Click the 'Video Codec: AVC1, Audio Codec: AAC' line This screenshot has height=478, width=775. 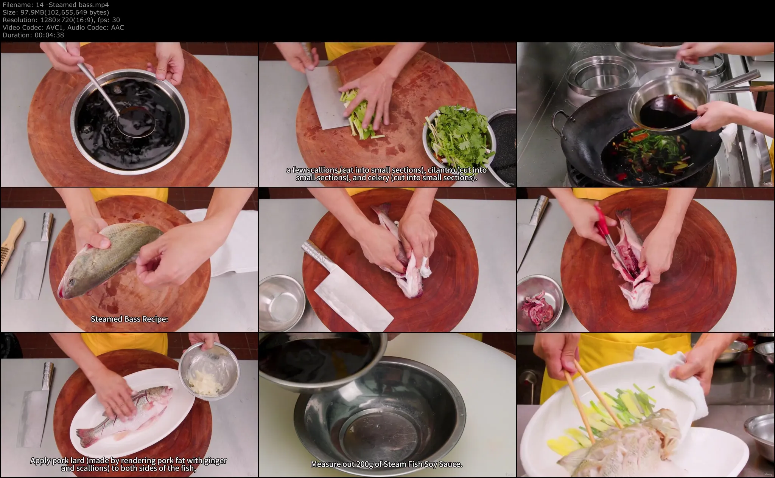[x=63, y=28]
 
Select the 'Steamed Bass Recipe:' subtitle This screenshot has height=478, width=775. [x=129, y=319]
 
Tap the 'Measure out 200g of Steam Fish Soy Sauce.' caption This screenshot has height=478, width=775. [x=387, y=464]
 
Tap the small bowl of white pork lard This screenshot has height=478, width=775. [x=209, y=369]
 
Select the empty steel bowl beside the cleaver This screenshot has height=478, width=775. [x=282, y=303]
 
